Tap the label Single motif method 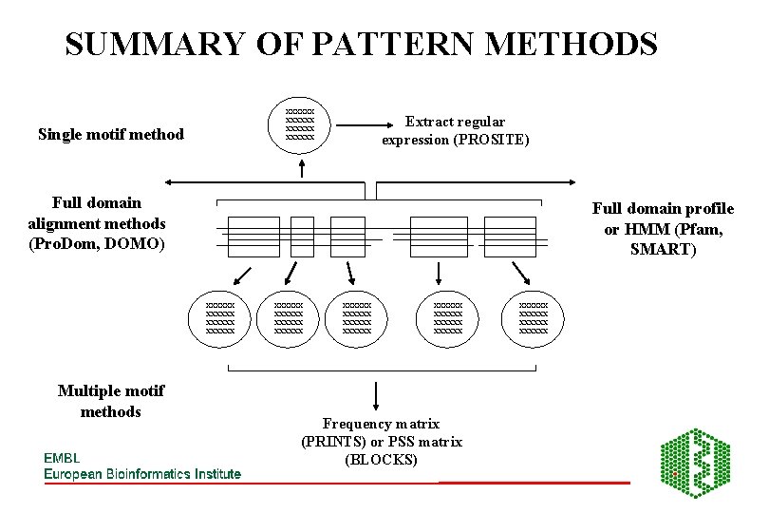click(x=111, y=134)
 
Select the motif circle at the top click(x=300, y=125)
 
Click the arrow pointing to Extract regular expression click(x=366, y=124)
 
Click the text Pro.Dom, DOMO click(x=97, y=243)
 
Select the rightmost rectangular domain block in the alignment click(x=510, y=237)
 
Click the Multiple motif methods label click(x=111, y=401)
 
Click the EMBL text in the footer click(x=63, y=457)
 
